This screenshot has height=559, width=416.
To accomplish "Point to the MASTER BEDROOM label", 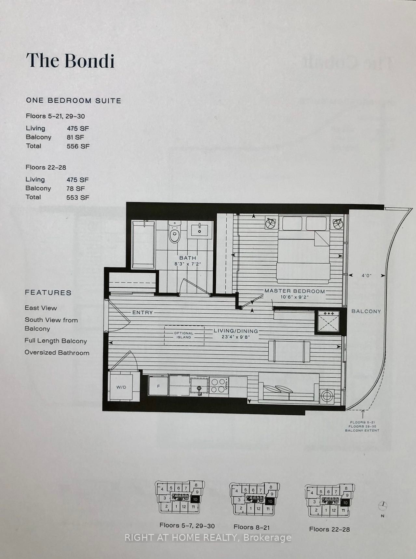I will pos(294,291).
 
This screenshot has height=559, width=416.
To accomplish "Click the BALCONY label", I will pos(366,311).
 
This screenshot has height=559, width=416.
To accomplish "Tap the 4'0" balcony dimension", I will pos(366,276).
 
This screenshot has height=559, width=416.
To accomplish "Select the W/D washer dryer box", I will pos(121,387).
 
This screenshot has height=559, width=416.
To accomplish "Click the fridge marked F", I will pos(159,386).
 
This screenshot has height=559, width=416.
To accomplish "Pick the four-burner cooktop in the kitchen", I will pos(218,385).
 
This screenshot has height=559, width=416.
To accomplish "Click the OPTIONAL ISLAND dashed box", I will pos(184,335).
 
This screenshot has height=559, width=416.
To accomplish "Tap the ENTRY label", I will pos(142,312).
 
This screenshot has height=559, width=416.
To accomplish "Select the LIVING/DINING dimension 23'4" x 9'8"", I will pos(236,337).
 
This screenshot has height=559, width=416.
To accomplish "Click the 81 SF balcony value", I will pos(75,137).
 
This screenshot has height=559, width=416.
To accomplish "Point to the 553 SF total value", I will pos(78,197).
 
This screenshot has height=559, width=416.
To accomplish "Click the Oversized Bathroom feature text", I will pos(57,353).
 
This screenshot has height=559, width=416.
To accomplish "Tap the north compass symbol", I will pos(383,506).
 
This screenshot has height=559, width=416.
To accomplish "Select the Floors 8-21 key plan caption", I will pos(251,527).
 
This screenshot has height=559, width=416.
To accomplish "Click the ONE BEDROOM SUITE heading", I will pos(74,100).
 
